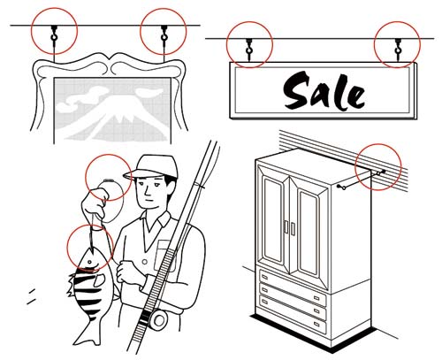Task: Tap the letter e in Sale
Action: [356, 96]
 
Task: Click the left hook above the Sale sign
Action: [249, 49]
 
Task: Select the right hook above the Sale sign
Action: [398, 49]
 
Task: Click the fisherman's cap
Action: [152, 167]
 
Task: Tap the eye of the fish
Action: [89, 262]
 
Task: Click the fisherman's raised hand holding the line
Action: [95, 203]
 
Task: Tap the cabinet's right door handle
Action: [293, 229]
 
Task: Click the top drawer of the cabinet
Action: [293, 280]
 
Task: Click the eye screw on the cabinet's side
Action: [341, 187]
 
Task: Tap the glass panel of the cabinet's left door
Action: [273, 219]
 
